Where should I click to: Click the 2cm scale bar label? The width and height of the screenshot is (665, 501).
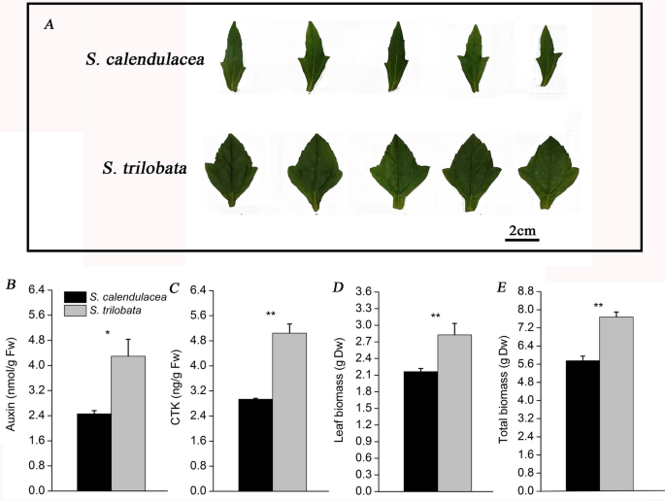point(522,231)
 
